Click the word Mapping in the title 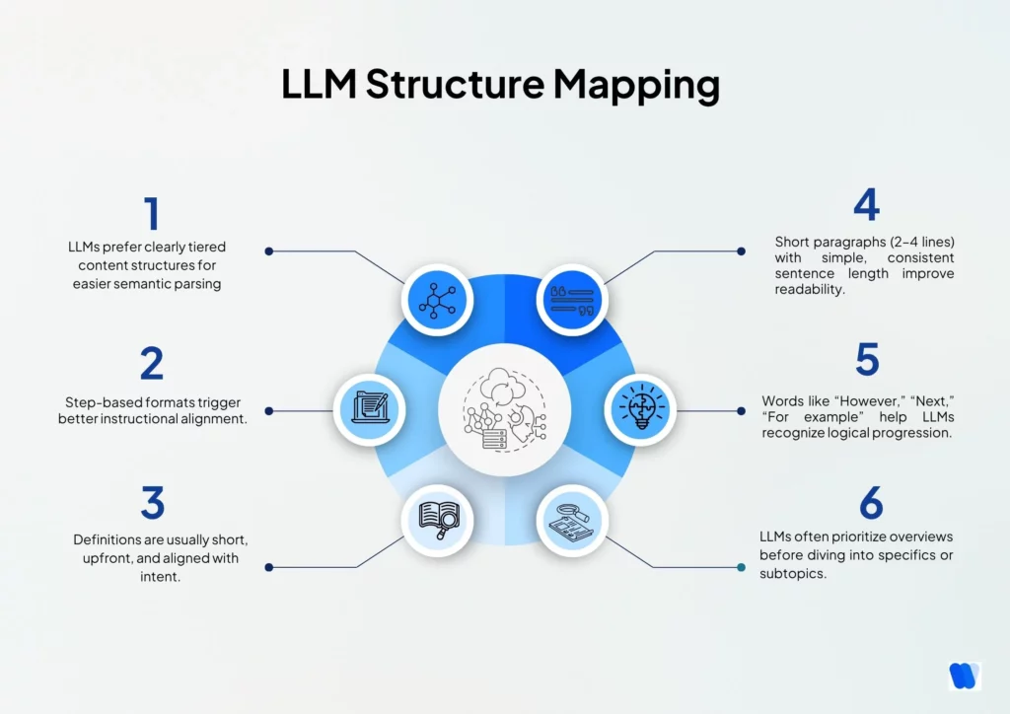(635, 86)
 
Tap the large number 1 (151, 214)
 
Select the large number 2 (151, 363)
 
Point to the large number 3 (152, 503)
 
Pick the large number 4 (866, 204)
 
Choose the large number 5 (866, 360)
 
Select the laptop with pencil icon (370, 409)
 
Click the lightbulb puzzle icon (639, 409)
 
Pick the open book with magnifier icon (437, 519)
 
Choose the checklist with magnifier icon (572, 519)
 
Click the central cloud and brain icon (504, 409)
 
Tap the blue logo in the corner (963, 677)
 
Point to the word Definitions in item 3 (111, 540)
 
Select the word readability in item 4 (811, 291)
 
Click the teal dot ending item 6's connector (741, 567)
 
